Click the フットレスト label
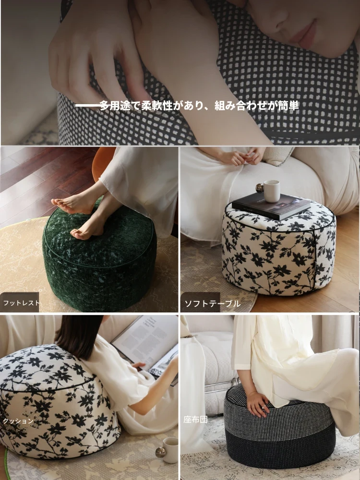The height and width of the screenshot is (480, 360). tap(22, 303)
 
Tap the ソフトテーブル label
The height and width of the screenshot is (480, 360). tap(212, 304)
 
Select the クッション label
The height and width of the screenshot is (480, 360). tap(18, 421)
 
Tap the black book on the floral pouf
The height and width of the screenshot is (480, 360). tap(271, 206)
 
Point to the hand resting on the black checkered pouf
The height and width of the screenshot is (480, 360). tap(258, 404)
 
